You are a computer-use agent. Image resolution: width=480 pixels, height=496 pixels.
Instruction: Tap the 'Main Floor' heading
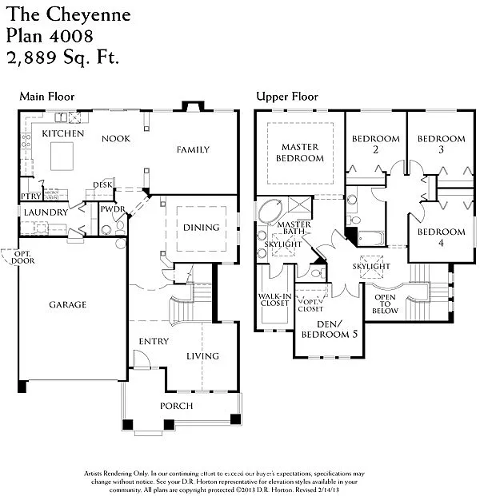[x=46, y=97]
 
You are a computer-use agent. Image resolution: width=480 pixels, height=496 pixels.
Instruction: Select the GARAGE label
[x=67, y=304]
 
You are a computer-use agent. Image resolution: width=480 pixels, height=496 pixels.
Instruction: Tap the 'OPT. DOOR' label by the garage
[x=12, y=257]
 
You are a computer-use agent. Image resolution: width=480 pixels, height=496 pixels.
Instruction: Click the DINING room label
[x=201, y=228]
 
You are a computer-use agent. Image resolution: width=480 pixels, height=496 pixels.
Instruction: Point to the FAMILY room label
[x=193, y=149]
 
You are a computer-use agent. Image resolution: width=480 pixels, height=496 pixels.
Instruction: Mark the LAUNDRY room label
[x=40, y=212]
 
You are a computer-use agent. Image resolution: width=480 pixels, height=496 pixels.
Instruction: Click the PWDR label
[x=110, y=209]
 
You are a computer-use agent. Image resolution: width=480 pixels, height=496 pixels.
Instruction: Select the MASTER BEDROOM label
[x=300, y=153]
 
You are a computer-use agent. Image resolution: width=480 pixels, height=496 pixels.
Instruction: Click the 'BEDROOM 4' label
[x=441, y=238]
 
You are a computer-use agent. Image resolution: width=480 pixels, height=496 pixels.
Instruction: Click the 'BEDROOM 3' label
[x=441, y=145]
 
